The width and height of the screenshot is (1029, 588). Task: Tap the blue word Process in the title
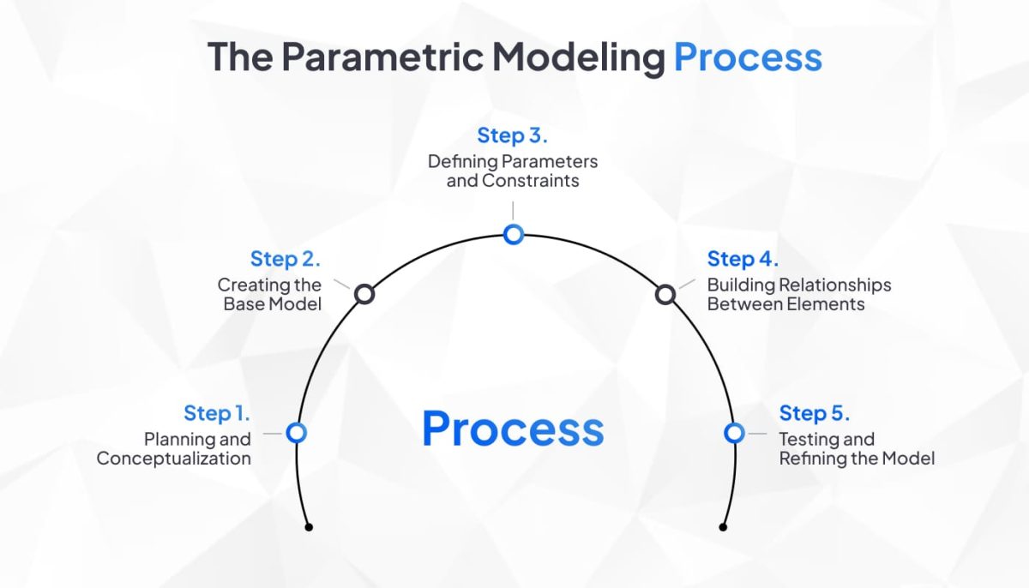pos(747,57)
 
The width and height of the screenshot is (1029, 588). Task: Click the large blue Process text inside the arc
pos(513,428)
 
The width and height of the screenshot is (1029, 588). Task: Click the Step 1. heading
pos(217,413)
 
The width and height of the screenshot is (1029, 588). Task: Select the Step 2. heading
pos(286,259)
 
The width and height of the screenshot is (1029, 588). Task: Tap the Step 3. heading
pos(513,135)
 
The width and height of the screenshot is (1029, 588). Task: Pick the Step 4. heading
pos(743,259)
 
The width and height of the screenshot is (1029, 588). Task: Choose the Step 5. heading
pos(815,413)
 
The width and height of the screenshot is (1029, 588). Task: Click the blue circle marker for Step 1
pos(297,433)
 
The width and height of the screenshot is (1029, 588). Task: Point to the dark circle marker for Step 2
pos(364,294)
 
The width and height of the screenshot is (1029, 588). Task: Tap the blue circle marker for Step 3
pos(513,234)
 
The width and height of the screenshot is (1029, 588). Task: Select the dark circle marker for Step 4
pos(665,294)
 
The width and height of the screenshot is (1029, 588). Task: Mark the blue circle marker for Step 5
pos(734,433)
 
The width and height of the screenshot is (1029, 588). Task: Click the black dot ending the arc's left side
pos(309,527)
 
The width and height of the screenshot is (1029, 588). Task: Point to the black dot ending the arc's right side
pos(723,527)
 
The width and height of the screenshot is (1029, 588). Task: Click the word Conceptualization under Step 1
pos(173,459)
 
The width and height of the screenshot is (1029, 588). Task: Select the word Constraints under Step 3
pos(531,181)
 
